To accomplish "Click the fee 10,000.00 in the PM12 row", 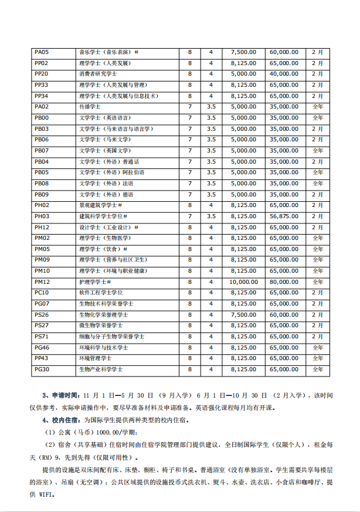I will [x=243, y=282].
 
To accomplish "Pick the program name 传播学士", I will [x=90, y=107].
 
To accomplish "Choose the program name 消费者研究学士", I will [x=98, y=74].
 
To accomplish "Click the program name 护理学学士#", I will [x=95, y=282].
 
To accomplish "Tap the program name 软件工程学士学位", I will [x=101, y=293].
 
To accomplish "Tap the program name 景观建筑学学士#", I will [x=100, y=205].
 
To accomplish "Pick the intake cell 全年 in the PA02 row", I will [x=317, y=107].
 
